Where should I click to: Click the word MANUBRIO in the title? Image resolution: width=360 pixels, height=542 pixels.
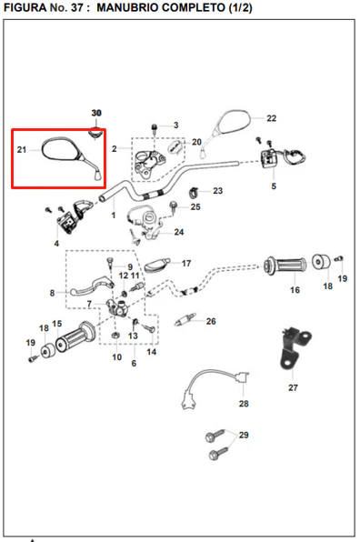125,7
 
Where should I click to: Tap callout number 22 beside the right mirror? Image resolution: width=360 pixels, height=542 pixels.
271,118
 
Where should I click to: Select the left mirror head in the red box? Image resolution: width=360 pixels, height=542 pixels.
62,148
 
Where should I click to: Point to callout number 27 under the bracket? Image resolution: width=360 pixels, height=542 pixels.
293,387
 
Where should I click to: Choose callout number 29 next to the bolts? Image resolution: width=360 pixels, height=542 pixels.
244,435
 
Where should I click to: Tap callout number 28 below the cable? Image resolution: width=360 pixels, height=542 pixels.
244,404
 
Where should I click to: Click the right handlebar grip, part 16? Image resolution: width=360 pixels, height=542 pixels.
285,266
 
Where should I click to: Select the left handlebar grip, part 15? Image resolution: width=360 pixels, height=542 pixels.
75,336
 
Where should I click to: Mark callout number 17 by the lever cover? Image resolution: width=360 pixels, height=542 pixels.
186,264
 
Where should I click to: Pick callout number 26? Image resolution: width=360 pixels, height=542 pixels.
211,321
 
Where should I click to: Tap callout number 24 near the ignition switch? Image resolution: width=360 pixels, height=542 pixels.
178,232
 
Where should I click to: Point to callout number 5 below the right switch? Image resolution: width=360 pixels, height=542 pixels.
274,186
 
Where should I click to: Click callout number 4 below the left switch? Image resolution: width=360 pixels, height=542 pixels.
56,244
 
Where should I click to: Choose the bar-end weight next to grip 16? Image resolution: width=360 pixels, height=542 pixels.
321,262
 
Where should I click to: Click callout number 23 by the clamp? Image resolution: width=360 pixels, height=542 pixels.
217,191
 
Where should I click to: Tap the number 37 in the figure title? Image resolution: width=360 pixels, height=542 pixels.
76,7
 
